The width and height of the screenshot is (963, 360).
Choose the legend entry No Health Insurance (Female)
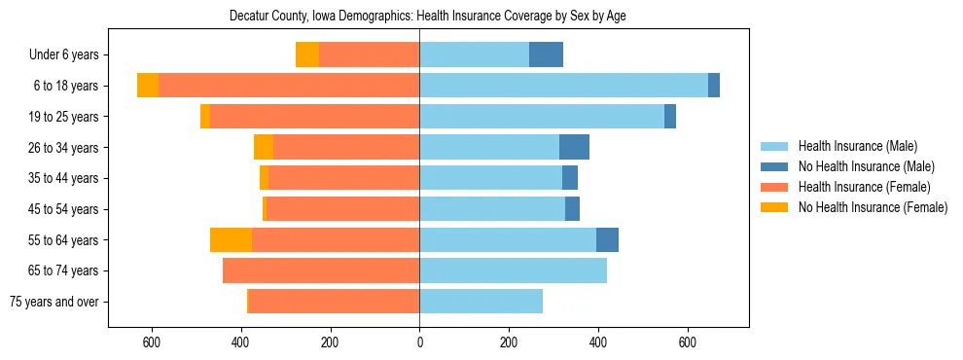(873, 207)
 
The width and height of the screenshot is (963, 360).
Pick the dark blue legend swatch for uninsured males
(774, 166)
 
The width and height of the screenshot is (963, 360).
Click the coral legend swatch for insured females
(774, 187)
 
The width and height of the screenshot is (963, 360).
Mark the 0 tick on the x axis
(419, 342)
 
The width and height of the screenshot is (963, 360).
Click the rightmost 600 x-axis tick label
(688, 342)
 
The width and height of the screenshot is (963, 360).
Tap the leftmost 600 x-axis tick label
(152, 342)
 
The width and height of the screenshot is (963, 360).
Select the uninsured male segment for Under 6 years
(546, 55)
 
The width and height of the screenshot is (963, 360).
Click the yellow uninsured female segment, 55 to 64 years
(231, 240)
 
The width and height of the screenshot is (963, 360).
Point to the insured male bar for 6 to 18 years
(563, 86)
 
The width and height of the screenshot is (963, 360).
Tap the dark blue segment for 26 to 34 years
(574, 147)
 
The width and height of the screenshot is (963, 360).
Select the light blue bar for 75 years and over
(481, 302)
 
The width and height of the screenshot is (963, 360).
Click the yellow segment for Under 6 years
(307, 55)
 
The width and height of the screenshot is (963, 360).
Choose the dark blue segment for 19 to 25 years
(670, 117)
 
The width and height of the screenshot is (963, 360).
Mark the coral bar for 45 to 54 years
(376, 209)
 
